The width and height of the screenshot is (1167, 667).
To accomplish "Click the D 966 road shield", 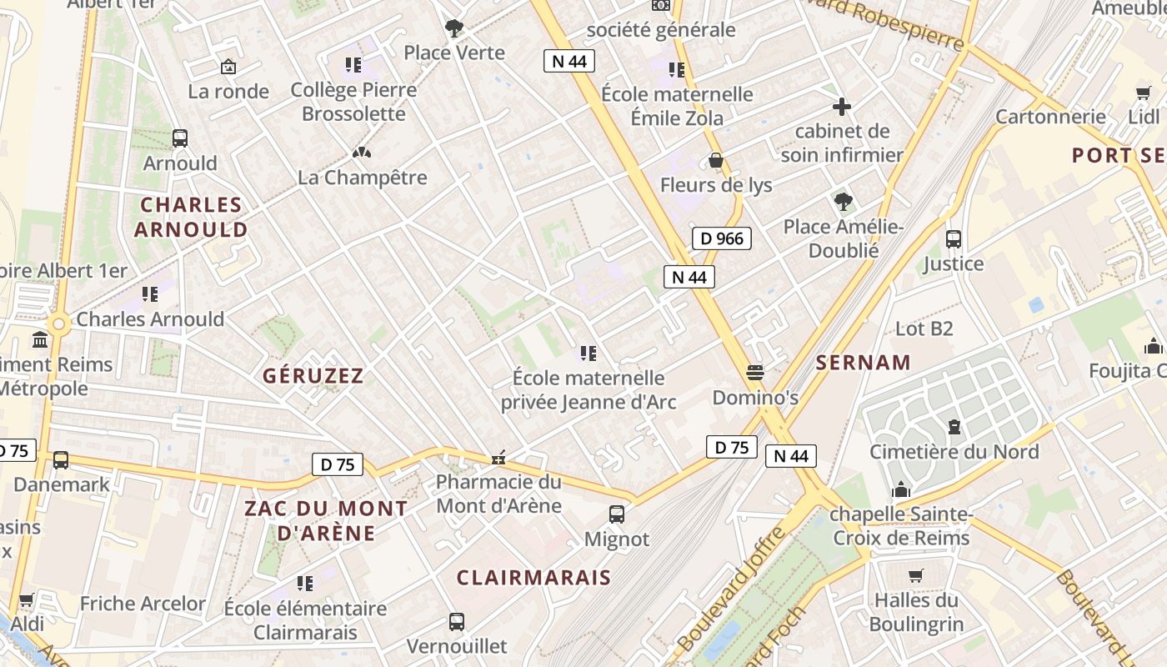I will click(x=722, y=239).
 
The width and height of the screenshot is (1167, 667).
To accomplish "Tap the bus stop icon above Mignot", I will click(x=617, y=514).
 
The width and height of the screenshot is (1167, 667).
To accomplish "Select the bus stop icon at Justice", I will click(x=954, y=239).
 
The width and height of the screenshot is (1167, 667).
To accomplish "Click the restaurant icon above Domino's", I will click(x=755, y=372).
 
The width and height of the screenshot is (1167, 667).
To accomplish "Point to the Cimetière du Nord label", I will click(x=954, y=452).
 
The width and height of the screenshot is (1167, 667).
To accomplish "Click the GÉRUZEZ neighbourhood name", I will click(x=313, y=376).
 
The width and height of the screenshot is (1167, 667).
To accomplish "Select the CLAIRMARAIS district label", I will click(x=533, y=577).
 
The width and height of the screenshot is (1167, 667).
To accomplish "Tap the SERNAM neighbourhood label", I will click(x=864, y=363).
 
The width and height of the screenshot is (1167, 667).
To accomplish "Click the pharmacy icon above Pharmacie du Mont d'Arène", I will click(x=498, y=458).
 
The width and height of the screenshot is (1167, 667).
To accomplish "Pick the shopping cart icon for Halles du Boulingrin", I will click(x=916, y=574).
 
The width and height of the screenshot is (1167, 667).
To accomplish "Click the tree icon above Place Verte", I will click(x=454, y=28).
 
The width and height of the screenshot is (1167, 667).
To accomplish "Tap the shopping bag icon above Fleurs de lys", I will click(x=716, y=160).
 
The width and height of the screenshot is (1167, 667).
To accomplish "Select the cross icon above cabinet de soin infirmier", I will click(x=842, y=107).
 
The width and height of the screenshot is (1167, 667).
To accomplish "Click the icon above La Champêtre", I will click(x=362, y=153).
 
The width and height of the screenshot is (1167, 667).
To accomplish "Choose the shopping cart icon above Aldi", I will click(x=26, y=599).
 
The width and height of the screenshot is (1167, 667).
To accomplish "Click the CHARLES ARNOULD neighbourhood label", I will click(x=192, y=217).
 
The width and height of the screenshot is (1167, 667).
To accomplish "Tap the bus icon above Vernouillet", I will click(x=457, y=621).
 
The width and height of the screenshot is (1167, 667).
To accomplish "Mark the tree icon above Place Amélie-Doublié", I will click(x=843, y=201).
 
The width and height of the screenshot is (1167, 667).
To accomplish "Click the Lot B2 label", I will click(x=924, y=328).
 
